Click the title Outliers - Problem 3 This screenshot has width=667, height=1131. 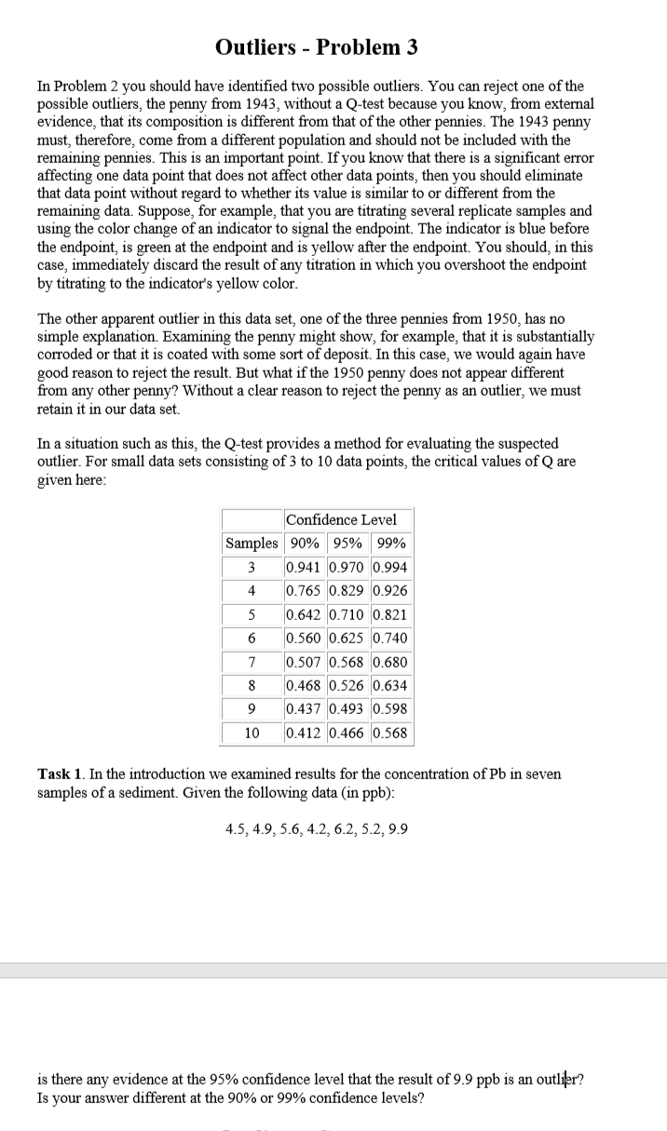pyautogui.click(x=316, y=47)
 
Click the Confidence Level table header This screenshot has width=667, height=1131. pyautogui.click(x=341, y=519)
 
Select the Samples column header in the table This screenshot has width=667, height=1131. pyautogui.click(x=251, y=544)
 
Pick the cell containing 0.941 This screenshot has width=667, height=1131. pyautogui.click(x=305, y=567)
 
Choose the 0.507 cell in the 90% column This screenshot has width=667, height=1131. pyautogui.click(x=305, y=662)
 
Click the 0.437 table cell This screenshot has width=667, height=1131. pyautogui.click(x=305, y=709)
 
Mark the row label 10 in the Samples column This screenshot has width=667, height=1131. pyautogui.click(x=251, y=733)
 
